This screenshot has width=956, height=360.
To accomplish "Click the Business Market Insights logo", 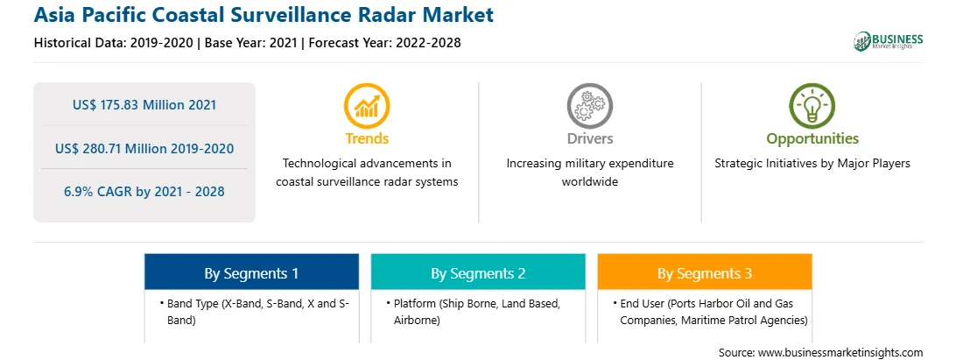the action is coord(888,41).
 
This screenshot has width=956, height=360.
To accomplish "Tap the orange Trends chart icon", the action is coord(367,106).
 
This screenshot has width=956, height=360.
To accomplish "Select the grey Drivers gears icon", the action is coord(589,106).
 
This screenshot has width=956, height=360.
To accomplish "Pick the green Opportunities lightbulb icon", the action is coord(812,106).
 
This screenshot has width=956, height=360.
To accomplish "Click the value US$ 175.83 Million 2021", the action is coord(144,105).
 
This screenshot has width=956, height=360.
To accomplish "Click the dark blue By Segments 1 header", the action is coord(252,272).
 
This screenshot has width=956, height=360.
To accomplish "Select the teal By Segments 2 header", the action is coord(478,272).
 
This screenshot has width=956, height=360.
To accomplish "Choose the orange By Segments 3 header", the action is coord(705,272).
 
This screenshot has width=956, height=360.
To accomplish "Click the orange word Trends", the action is coord(367,139).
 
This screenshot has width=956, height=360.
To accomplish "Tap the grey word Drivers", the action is coord(589,139).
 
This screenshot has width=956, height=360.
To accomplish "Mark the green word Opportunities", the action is coord(812,139).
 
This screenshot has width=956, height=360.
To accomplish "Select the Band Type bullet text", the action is coord(254,312).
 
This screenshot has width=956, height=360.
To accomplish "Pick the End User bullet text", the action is coord(710,312).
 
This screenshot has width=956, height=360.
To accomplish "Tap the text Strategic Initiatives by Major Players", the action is coord(812,164).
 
